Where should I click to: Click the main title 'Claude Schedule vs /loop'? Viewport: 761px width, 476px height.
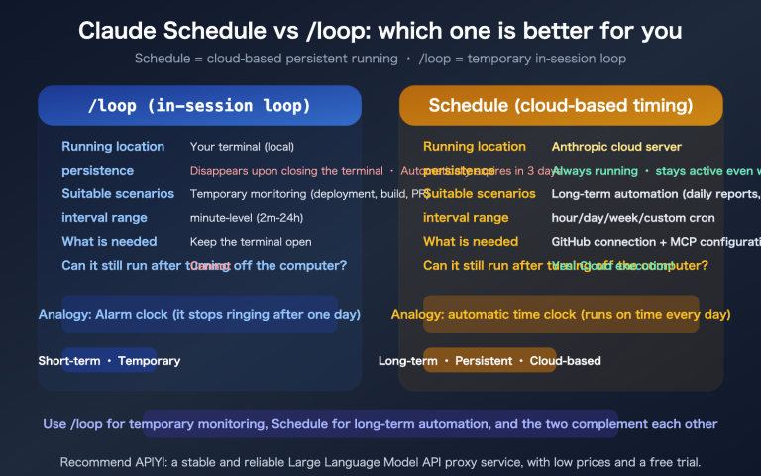point(380,32)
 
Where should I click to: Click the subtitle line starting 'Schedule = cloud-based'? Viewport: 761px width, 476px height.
point(380,59)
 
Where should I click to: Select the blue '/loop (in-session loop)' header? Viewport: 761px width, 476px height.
point(199,106)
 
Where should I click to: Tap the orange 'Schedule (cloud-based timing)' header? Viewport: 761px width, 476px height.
point(560,106)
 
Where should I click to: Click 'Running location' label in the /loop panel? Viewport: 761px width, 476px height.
point(113,147)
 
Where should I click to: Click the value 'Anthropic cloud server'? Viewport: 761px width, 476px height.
point(616,147)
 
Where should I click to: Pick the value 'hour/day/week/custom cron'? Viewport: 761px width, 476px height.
point(633,218)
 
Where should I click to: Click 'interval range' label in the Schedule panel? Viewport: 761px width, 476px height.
point(465,218)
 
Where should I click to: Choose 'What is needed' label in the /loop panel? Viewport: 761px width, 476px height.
point(109,242)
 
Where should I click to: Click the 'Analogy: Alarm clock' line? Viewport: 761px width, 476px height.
point(199,315)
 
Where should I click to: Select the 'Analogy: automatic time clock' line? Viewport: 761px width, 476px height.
point(560,315)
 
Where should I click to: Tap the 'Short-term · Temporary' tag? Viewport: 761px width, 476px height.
point(109,361)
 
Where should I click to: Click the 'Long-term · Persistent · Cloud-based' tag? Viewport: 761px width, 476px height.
point(489,361)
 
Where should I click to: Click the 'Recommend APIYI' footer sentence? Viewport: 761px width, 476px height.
point(380,463)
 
